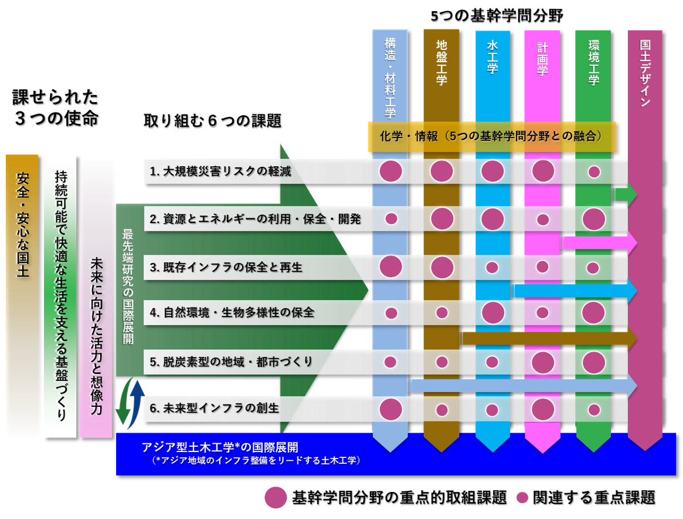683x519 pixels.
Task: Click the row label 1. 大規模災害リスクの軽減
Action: click(220, 171)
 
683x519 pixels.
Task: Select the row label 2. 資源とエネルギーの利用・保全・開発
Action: click(255, 219)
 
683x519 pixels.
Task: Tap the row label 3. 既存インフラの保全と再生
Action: click(226, 267)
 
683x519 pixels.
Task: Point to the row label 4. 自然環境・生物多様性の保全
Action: click(232, 312)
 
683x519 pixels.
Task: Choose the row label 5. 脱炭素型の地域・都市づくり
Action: click(232, 362)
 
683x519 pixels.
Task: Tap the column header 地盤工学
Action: click(441, 62)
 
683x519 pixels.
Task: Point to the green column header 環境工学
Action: click(593, 62)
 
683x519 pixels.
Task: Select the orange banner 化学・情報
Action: click(491, 136)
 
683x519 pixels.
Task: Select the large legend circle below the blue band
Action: click(276, 497)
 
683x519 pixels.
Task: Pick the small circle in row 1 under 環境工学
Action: click(594, 171)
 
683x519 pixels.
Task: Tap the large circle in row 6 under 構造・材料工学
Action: click(391, 409)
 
